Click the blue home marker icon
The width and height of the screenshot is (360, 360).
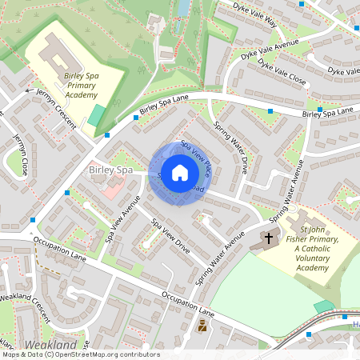click(180, 173)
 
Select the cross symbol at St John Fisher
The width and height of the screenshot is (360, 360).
click(268, 238)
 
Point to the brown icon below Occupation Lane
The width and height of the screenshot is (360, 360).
click(202, 326)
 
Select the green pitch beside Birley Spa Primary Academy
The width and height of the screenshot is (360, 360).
click(96, 114)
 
